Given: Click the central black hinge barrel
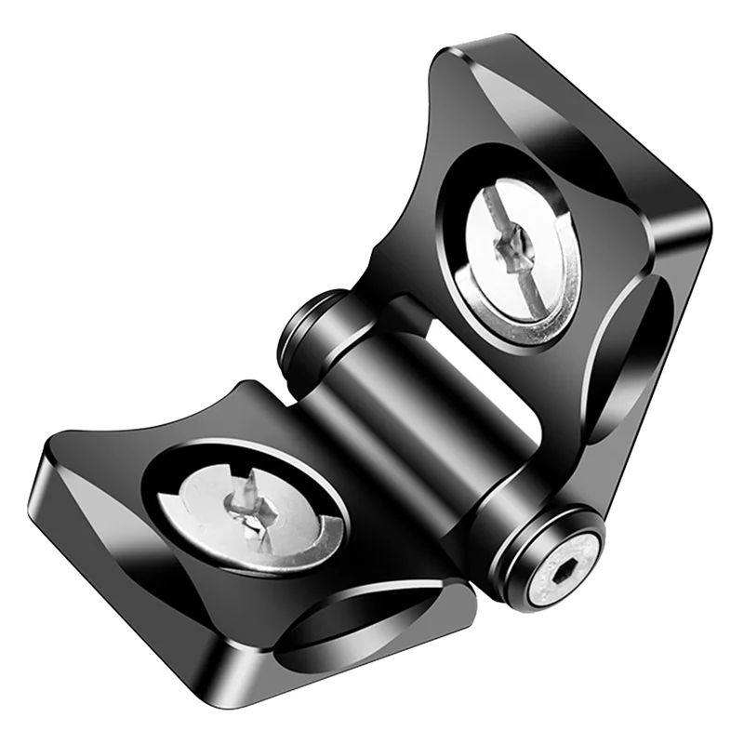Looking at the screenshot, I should click(x=418, y=418).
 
